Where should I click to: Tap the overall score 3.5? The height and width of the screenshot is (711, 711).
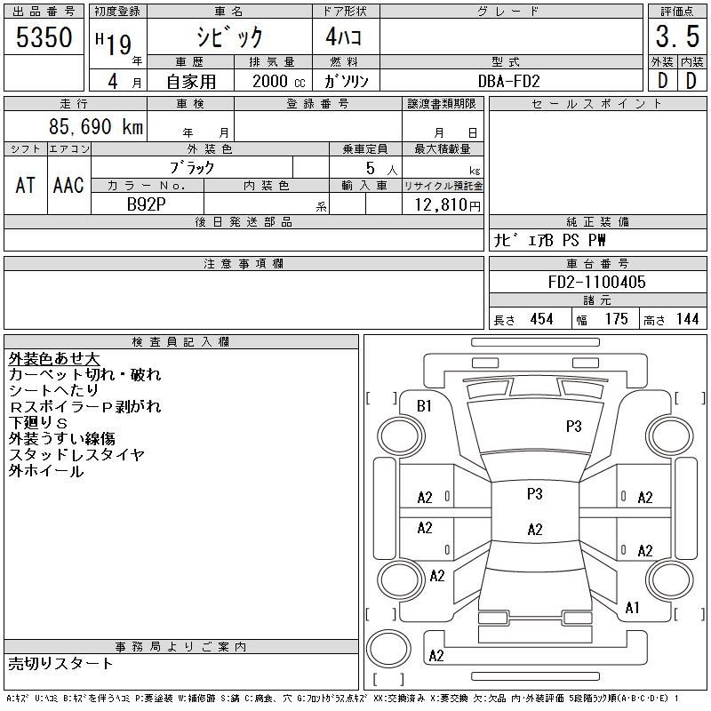pos(675,37)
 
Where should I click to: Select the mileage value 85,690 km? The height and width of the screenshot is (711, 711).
pos(95,127)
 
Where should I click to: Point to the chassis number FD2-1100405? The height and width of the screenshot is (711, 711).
pos(597,282)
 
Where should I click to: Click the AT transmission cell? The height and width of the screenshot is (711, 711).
pos(26,185)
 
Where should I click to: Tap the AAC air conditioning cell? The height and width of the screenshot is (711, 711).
pos(68,185)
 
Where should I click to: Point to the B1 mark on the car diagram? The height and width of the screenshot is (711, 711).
pos(424,406)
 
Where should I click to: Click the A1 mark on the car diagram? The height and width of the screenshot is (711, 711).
pos(633,608)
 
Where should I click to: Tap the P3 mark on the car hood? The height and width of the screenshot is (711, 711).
pos(573,427)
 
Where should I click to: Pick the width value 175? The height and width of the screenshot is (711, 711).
pos(615,319)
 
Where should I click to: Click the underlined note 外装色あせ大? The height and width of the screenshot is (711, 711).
pos(54,359)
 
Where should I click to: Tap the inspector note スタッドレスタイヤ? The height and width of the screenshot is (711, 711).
pos(76,455)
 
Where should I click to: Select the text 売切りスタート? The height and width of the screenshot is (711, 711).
pos(61,663)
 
